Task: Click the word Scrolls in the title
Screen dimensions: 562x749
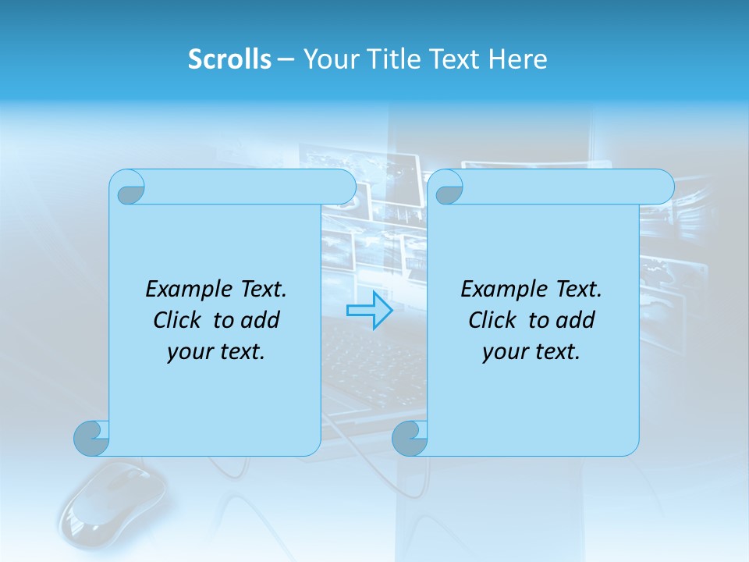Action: pyautogui.click(x=229, y=59)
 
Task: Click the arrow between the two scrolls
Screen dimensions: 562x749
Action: pyautogui.click(x=369, y=311)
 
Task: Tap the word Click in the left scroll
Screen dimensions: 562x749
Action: pyautogui.click(x=179, y=320)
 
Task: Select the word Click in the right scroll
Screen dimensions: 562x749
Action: pyautogui.click(x=492, y=320)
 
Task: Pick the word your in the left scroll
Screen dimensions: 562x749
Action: pyautogui.click(x=187, y=352)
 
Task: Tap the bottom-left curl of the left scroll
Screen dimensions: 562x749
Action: pyautogui.click(x=92, y=437)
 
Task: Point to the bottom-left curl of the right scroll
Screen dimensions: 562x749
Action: pyautogui.click(x=410, y=437)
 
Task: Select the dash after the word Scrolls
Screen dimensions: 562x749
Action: pyautogui.click(x=286, y=59)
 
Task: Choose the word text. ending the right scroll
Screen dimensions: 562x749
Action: pyautogui.click(x=556, y=352)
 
